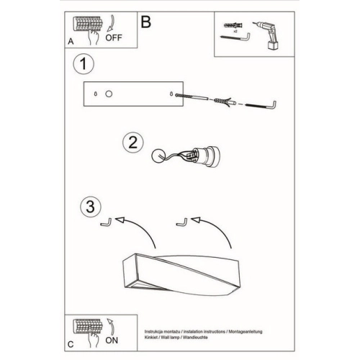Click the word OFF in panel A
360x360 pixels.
coord(114,37)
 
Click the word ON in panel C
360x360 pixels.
coord(112,341)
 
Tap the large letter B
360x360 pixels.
coord(146,22)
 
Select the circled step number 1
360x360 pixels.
coord(84,64)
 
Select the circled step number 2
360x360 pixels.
coord(133,143)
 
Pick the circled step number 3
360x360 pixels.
coord(91,207)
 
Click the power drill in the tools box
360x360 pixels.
coord(266,35)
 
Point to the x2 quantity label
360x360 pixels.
coord(235,31)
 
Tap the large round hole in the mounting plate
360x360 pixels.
coord(109,94)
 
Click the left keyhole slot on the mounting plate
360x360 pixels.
coord(96,94)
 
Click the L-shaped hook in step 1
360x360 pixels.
coord(261,105)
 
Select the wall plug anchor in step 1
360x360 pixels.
coord(225,102)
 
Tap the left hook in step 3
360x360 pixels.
coord(107,222)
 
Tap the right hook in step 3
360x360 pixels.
coord(182,222)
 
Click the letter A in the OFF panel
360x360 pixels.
coord(71,42)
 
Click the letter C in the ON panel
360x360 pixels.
coord(71,344)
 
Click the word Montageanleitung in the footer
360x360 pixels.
coord(246,332)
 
